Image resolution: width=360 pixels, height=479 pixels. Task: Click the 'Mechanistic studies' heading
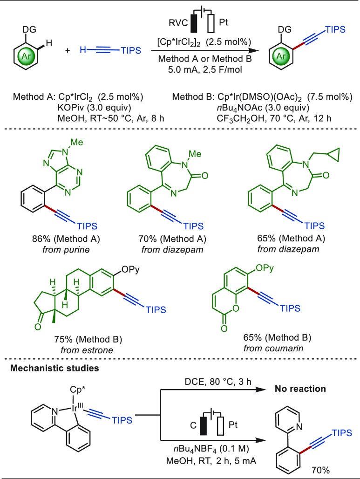pos(54,368)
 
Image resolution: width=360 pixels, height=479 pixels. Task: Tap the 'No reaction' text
pos(300,389)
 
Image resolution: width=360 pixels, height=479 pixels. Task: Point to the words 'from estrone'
pos(87,350)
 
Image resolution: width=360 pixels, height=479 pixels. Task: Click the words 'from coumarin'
pos(273,348)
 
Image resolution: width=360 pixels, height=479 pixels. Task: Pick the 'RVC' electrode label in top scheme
pos(178,23)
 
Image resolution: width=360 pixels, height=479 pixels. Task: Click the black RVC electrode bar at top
pos(194,23)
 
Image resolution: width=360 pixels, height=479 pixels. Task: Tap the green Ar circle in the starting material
pos(26,56)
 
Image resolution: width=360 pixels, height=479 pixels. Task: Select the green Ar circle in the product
pos(281,56)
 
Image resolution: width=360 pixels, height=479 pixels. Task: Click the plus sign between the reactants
pos(68,50)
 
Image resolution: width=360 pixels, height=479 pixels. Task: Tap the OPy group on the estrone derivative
pos(130,270)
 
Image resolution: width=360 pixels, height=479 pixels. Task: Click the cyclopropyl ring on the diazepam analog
pos(333,154)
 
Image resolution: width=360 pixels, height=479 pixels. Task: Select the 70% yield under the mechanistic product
pos(320,470)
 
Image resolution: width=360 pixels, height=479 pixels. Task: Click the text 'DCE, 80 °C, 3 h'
pos(218,382)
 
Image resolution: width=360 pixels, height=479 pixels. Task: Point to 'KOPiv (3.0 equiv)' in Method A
pos(95,108)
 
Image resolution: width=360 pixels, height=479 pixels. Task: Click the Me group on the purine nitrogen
pos(77,143)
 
